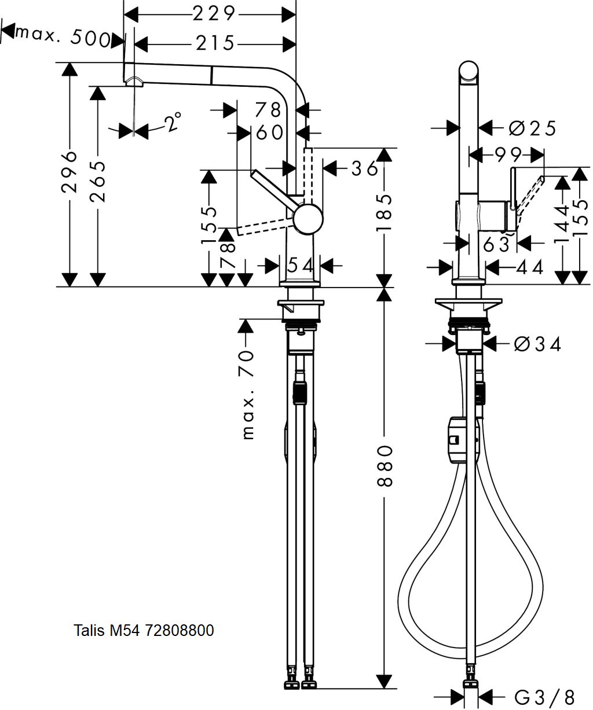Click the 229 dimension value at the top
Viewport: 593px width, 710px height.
coord(214,14)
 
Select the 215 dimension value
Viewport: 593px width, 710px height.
coord(215,43)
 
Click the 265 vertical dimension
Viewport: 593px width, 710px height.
coord(98,182)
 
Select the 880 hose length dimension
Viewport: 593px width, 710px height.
coord(385,466)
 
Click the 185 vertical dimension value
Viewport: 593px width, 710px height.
coord(384,212)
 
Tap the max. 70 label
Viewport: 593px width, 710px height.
coord(248,395)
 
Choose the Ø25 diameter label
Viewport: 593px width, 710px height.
coord(532,128)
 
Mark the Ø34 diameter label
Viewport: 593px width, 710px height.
coord(537,345)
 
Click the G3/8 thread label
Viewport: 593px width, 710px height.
coord(544,696)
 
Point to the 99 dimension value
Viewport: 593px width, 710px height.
coord(508,156)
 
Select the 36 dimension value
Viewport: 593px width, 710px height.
coord(364,168)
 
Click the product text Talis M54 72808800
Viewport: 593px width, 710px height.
coord(144,630)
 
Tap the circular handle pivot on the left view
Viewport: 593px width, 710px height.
coord(308,219)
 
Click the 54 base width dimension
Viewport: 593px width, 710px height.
coord(300,266)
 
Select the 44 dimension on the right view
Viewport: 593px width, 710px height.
coord(530,268)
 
